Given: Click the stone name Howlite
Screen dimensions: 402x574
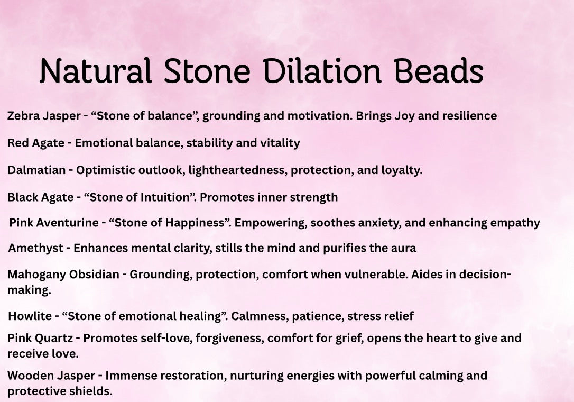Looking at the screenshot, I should pos(30,316).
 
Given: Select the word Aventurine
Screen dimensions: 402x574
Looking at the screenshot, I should pos(66,223).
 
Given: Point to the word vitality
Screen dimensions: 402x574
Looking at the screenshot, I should pos(280,143).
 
